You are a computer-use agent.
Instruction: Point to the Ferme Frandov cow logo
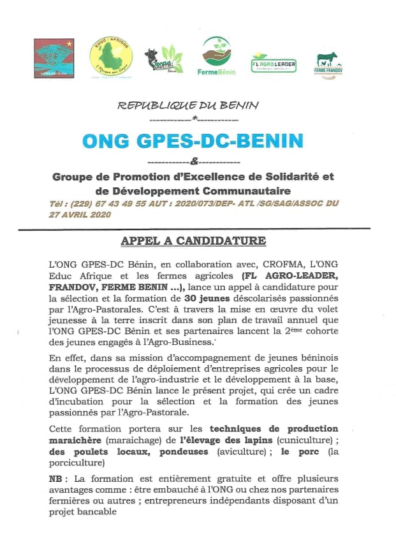coord(329,64)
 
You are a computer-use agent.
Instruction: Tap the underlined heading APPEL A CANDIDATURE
coord(193,242)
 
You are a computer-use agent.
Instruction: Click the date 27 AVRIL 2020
coord(80,215)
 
